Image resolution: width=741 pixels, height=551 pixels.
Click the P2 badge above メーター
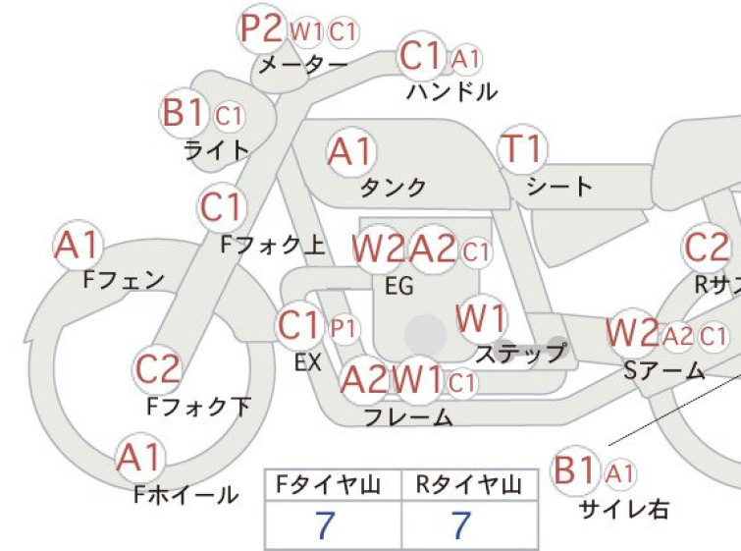(x=261, y=28)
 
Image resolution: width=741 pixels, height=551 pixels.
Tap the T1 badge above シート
(x=523, y=148)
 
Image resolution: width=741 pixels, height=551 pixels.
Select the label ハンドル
(x=452, y=91)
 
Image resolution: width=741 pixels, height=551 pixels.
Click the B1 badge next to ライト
(x=185, y=113)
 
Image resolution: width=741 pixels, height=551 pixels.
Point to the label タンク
(x=394, y=188)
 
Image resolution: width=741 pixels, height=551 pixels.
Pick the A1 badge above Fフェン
(x=78, y=245)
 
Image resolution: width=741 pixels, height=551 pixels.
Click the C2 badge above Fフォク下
(x=157, y=369)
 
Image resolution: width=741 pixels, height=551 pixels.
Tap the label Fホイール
(x=186, y=494)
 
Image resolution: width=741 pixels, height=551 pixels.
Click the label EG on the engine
(x=399, y=286)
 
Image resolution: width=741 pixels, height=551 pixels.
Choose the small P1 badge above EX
(x=344, y=328)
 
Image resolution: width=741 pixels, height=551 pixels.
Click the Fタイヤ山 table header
(x=329, y=484)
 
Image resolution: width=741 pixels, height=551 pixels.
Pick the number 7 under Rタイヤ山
(x=461, y=524)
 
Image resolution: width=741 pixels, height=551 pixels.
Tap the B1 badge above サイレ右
(x=575, y=470)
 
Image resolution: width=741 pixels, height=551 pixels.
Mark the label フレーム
(x=409, y=417)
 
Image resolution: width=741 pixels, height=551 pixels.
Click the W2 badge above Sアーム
(x=632, y=333)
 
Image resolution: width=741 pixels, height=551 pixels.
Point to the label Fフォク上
(x=273, y=245)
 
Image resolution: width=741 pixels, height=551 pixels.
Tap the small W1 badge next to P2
(x=306, y=31)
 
